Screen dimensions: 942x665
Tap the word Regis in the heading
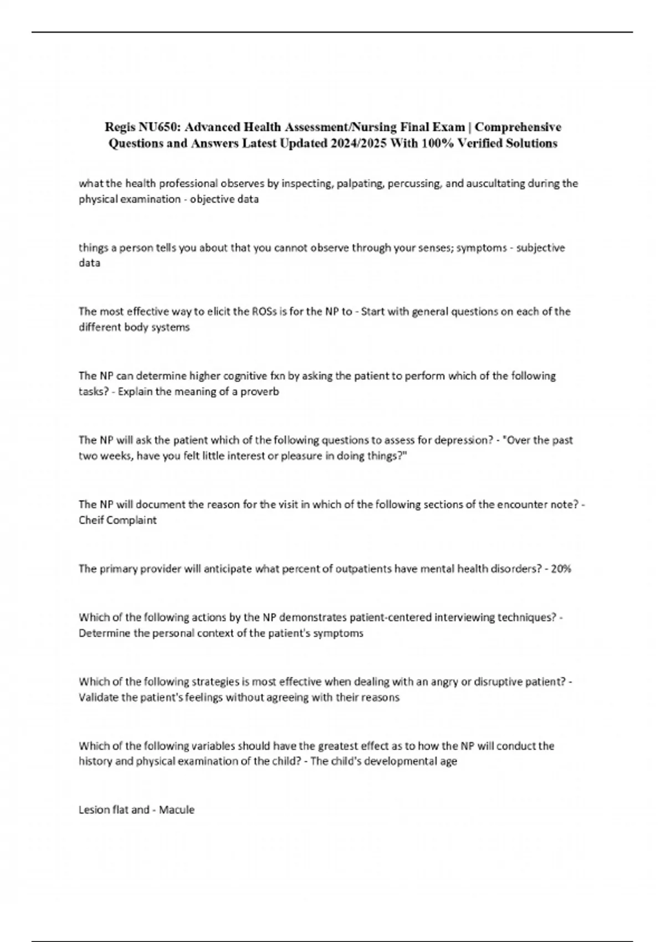pyautogui.click(x=118, y=127)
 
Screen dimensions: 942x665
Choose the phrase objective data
pyautogui.click(x=224, y=199)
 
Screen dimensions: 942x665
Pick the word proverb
pyautogui.click(x=260, y=391)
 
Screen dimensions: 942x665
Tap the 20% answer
pyautogui.click(x=561, y=569)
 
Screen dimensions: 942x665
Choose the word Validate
pyautogui.click(x=98, y=697)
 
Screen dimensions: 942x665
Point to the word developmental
pyautogui.click(x=401, y=761)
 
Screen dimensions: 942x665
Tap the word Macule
pyautogui.click(x=177, y=810)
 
